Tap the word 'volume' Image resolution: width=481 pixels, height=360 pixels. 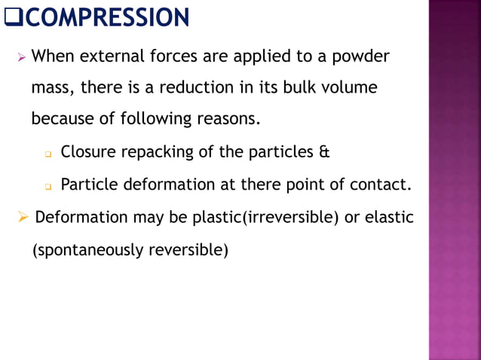point(349,87)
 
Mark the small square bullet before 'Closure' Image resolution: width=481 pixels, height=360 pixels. point(47,154)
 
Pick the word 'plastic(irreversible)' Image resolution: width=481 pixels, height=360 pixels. point(265,218)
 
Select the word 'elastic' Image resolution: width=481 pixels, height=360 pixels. point(389,218)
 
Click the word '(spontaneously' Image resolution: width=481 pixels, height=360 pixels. point(81,249)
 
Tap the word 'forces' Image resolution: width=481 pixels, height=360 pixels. point(175,56)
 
